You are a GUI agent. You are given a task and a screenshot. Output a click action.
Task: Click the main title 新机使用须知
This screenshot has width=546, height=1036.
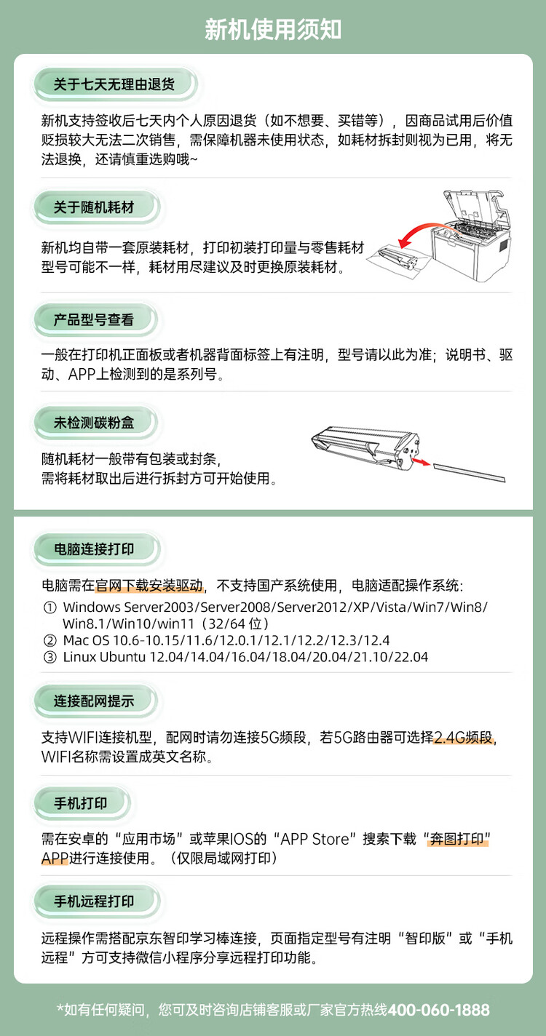pos(272,30)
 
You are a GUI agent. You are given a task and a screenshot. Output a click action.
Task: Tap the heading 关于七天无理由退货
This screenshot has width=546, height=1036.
pos(114,84)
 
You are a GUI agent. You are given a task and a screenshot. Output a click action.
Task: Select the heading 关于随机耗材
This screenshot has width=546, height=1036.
pos(94,207)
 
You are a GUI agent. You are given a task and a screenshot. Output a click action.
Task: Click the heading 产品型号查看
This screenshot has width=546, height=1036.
pos(94,319)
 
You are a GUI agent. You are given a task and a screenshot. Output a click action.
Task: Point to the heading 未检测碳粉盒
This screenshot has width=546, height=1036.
pos(94,423)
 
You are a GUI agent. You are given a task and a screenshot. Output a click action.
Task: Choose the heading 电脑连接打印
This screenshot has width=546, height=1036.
pos(94,549)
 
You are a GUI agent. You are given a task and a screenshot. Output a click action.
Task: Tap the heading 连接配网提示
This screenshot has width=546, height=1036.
pos(94,701)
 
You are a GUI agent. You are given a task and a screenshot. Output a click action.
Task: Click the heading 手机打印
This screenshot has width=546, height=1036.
pos(81,803)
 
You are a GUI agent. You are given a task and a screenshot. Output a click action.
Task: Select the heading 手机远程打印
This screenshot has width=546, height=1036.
pos(94,901)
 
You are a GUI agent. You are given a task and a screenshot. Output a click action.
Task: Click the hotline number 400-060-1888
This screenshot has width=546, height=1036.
pos(438,1010)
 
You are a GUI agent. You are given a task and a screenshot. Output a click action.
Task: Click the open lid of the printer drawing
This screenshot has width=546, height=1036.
pos(474,207)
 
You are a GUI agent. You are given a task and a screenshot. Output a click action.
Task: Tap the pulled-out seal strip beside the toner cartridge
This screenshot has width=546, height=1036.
pos(469,472)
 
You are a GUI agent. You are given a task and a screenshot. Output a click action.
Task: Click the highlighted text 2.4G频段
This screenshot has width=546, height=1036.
pos(464,737)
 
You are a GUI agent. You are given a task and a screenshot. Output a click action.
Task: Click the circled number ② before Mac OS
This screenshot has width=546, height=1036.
pos(50,640)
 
